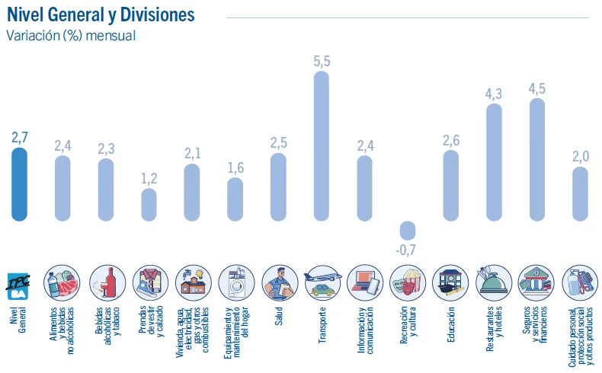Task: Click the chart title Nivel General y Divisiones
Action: (100, 15)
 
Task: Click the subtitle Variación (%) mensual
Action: (71, 36)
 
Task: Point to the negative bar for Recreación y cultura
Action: (408, 231)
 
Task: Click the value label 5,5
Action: (322, 62)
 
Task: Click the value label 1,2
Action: (149, 178)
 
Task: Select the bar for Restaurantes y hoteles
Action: (494, 162)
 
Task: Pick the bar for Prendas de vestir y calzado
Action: (149, 205)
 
